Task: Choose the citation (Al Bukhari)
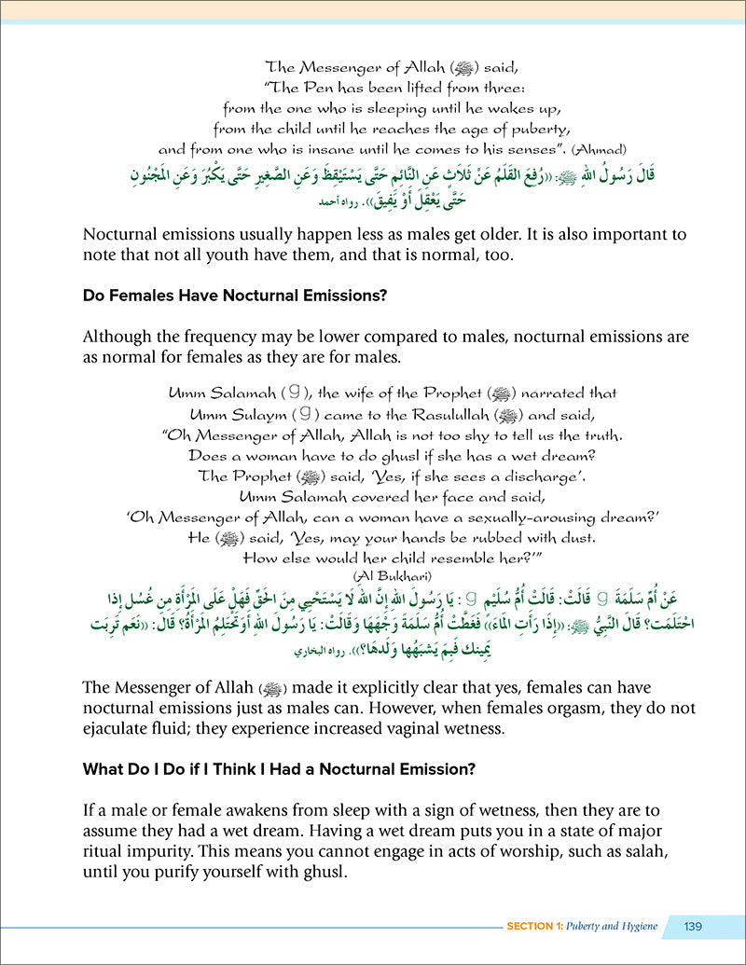coord(373,574)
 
